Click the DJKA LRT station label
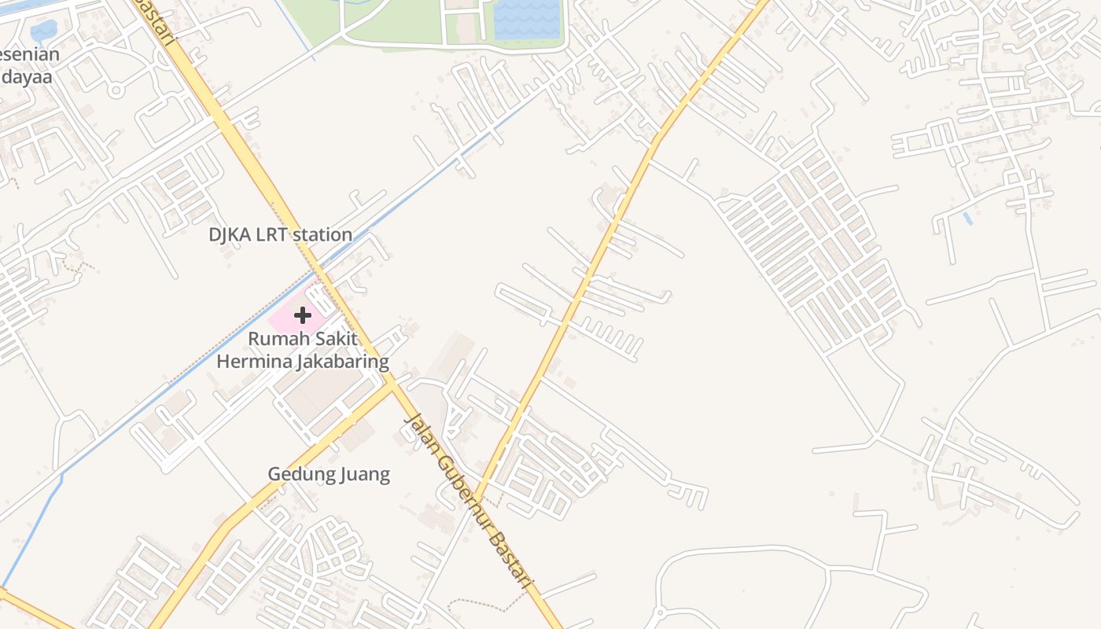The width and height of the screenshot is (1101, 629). pyautogui.click(x=280, y=234)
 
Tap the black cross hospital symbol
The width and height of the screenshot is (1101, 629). pyautogui.click(x=303, y=315)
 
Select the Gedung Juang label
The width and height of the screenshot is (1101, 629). pyautogui.click(x=329, y=474)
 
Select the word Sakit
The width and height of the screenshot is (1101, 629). pyautogui.click(x=333, y=339)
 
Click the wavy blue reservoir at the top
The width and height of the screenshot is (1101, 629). pyautogui.click(x=526, y=19)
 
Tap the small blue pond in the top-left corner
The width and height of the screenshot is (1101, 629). pyautogui.click(x=43, y=31)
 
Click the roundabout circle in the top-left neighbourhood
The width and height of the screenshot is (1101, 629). pyautogui.click(x=116, y=90)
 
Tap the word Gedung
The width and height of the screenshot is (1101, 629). pyautogui.click(x=299, y=474)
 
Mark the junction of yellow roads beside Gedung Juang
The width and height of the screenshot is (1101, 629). pyautogui.click(x=391, y=384)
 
